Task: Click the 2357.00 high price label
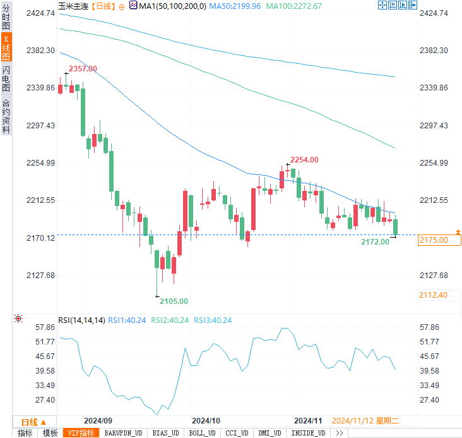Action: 83,68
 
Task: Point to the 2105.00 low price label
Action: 174,301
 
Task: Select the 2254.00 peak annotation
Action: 304,160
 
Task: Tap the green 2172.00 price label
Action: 375,241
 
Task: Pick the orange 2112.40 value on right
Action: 433,295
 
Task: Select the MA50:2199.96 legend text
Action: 235,6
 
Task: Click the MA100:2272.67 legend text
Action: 293,6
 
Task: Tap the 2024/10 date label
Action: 205,420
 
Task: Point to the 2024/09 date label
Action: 98,420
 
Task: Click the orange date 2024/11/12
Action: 352,420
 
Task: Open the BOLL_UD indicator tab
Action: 201,433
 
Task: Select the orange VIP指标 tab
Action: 81,433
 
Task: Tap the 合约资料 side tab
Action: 6,116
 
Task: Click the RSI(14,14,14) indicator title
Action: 81,320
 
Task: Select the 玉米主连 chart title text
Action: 73,6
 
